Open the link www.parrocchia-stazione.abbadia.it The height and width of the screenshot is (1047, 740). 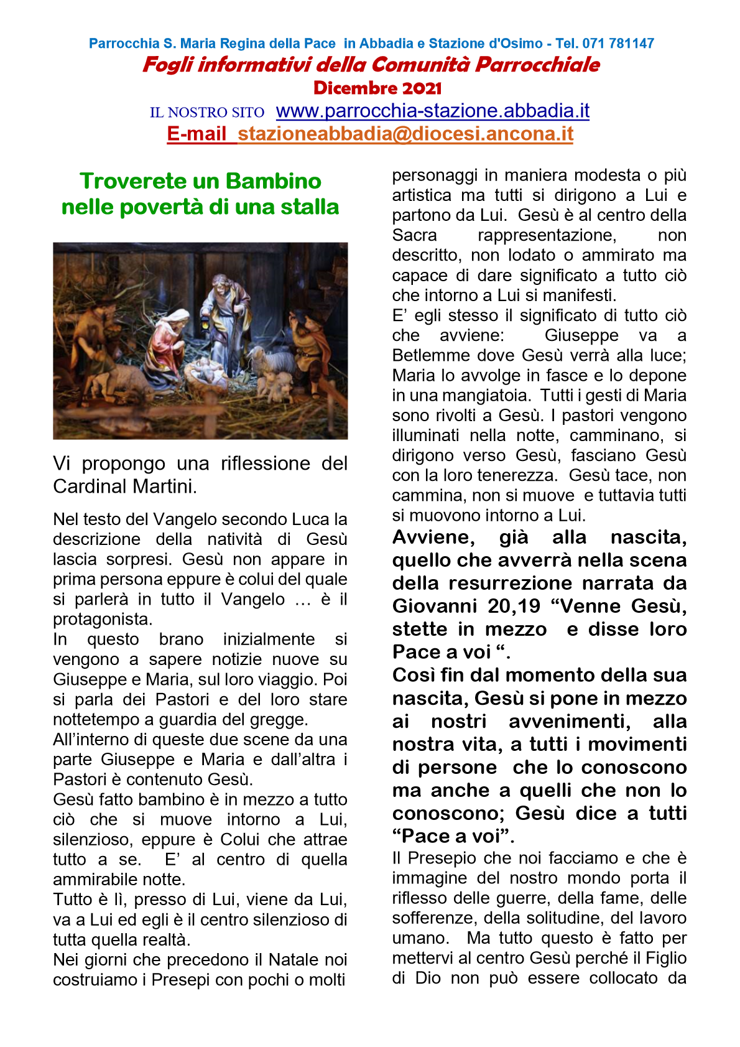[432, 111]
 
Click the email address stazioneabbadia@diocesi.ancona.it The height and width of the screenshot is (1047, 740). [405, 134]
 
